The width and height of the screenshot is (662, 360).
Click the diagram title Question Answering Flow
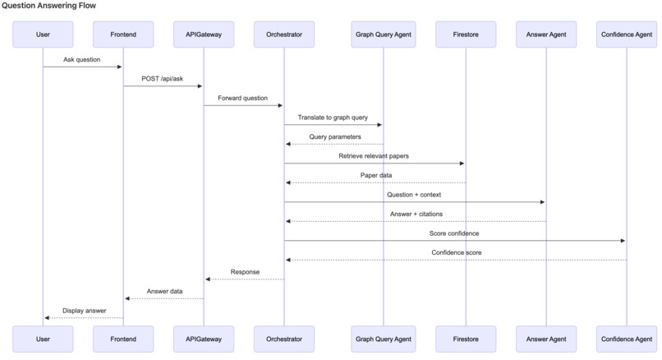pos(48,6)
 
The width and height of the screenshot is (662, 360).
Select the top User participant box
pos(43,35)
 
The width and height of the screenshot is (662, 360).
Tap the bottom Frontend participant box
pos(123,338)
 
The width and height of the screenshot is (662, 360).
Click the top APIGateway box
pos(204,35)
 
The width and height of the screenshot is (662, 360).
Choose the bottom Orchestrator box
pos(284,338)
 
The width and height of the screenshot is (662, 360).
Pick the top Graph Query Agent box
pos(383,35)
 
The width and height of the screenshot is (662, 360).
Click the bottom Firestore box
pos(466,338)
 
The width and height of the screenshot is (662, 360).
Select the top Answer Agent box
pos(546,35)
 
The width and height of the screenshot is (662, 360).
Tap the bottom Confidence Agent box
pos(627,338)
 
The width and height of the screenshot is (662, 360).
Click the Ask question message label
pos(82,59)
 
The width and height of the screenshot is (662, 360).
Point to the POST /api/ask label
pos(163,78)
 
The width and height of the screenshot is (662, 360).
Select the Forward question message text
pos(243,98)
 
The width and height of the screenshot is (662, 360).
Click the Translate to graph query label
pos(333,118)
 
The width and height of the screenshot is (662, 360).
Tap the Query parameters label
pos(334,136)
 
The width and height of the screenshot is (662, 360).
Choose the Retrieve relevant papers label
pos(374,155)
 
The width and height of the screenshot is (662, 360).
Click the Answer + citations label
pos(415,214)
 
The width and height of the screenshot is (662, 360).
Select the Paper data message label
pos(375,175)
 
